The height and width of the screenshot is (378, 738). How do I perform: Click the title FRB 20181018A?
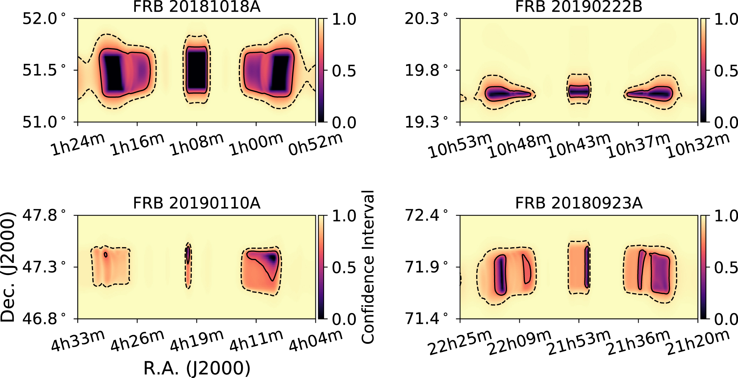[x=196, y=6]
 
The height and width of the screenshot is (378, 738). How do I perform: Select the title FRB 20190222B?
[x=579, y=6]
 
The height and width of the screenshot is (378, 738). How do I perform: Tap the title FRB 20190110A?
[x=196, y=203]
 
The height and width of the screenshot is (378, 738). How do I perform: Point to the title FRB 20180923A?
[x=579, y=203]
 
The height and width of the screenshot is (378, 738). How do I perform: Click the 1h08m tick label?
[x=197, y=145]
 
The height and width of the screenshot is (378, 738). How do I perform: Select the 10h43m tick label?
[x=579, y=146]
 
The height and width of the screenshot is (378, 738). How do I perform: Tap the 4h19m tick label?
[x=197, y=341]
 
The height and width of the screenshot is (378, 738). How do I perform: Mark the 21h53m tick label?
[x=579, y=343]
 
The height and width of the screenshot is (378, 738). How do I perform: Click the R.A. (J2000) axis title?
[x=197, y=368]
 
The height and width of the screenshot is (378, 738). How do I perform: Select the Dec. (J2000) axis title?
[x=8, y=267]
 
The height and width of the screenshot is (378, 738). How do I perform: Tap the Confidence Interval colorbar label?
[x=368, y=267]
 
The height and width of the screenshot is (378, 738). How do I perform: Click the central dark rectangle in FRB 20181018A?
[x=196, y=70]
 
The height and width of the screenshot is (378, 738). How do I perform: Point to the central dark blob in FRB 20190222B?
[x=579, y=91]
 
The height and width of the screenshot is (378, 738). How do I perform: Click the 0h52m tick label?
[x=315, y=145]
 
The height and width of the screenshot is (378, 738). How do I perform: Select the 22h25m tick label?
[x=460, y=343]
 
